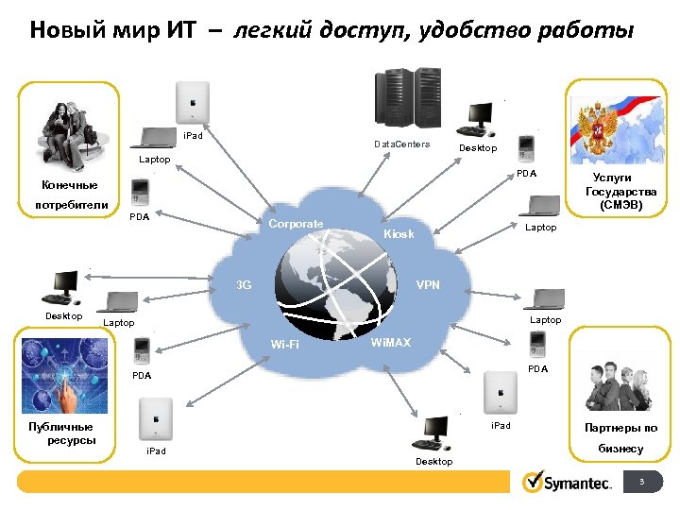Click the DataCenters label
(x=401, y=144)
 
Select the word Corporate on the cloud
(x=296, y=224)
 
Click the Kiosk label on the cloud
(x=398, y=233)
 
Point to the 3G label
(x=244, y=284)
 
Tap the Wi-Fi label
(x=284, y=345)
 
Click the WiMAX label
(x=390, y=342)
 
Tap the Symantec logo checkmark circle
(x=532, y=482)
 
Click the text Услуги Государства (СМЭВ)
(x=612, y=191)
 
